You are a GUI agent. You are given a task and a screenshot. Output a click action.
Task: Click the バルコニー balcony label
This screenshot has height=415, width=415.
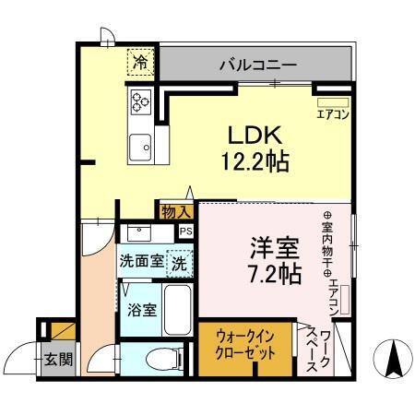click(257, 65)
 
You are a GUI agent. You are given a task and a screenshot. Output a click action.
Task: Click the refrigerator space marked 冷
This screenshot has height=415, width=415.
click(141, 64)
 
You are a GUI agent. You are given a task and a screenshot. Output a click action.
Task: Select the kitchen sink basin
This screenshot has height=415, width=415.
click(142, 146)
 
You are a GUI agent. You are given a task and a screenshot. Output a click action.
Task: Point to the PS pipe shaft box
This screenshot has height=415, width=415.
click(185, 231)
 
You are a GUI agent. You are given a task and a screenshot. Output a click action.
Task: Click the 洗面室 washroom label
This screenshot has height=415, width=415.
click(141, 261)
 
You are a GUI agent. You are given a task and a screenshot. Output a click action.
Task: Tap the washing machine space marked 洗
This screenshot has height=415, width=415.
click(180, 261)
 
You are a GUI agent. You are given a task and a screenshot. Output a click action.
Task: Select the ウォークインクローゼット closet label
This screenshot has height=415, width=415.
click(246, 348)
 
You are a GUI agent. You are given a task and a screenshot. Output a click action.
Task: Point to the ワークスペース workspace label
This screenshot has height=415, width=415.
click(324, 348)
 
